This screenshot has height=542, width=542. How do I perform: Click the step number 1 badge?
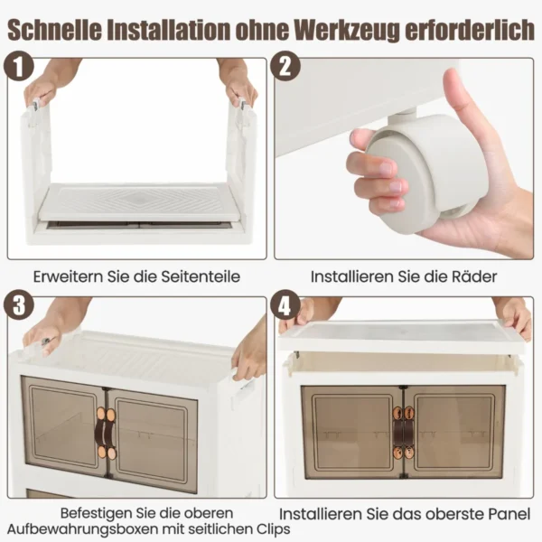[19, 66]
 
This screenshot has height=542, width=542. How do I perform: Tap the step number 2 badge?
[285, 66]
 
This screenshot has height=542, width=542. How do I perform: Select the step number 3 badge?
[19, 305]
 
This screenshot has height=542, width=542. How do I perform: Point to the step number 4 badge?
[285, 305]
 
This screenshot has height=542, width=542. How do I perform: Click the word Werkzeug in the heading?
[348, 30]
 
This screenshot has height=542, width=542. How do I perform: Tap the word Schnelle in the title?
[54, 30]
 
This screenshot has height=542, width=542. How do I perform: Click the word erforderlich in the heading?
[470, 30]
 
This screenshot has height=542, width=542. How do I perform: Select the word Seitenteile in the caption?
[201, 276]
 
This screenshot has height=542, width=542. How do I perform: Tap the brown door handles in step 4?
[404, 432]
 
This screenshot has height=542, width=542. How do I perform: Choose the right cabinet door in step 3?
[152, 441]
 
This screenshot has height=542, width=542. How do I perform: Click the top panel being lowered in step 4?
[401, 336]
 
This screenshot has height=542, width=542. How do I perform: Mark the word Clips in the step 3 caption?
[273, 529]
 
